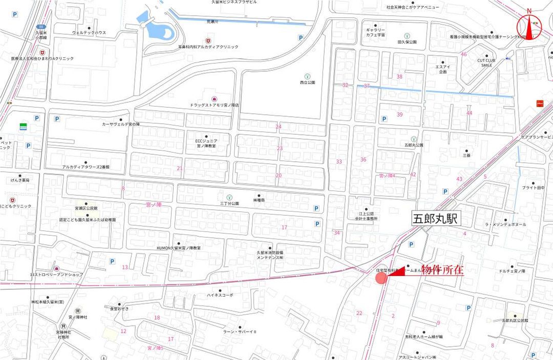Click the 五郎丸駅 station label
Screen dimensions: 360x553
coord(436,219)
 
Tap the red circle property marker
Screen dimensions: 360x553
coord(381,278)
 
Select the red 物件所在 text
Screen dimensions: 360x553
coord(442,271)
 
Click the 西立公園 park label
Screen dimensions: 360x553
coord(308,82)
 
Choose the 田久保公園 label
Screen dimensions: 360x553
coord(407,42)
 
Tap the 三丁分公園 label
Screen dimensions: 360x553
coord(229,203)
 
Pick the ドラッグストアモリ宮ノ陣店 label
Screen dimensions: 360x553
coord(214,105)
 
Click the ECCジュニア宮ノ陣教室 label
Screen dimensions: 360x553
coord(206,143)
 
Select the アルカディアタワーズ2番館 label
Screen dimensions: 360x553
coord(86,167)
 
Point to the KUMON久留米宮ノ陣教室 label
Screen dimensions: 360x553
coord(179,248)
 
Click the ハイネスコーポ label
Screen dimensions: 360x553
coord(220,295)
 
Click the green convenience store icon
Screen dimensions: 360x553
coord(23,126)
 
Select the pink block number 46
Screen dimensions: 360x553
coord(464,54)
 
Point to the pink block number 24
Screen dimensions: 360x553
coord(279,126)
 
